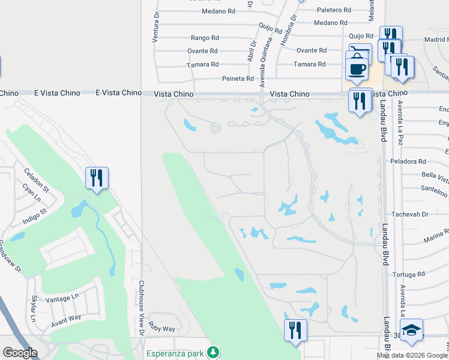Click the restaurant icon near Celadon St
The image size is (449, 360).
pos(97,178)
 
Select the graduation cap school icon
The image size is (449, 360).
pos(411,331)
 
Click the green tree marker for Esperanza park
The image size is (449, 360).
pos(211,352)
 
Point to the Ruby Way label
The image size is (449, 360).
pos(162,329)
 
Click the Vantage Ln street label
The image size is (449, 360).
pos(62,297)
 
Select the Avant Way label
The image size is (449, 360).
pos(65,317)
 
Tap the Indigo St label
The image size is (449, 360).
pos(34,216)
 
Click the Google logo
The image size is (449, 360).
pos(20,353)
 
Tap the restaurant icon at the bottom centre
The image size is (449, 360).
pos(295,331)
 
